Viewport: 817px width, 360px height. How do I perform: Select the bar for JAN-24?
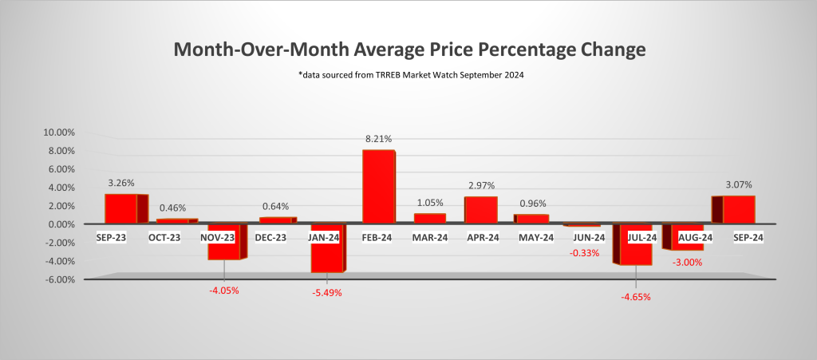(327, 248)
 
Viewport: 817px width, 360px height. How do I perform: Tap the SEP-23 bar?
(121, 208)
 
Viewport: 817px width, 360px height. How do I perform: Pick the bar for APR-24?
(480, 210)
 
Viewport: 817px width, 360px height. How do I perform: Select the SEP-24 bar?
(738, 210)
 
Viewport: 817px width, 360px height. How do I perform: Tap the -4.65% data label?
(636, 297)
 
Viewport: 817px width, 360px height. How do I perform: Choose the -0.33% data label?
(584, 253)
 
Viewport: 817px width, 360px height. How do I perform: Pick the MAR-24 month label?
(429, 237)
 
